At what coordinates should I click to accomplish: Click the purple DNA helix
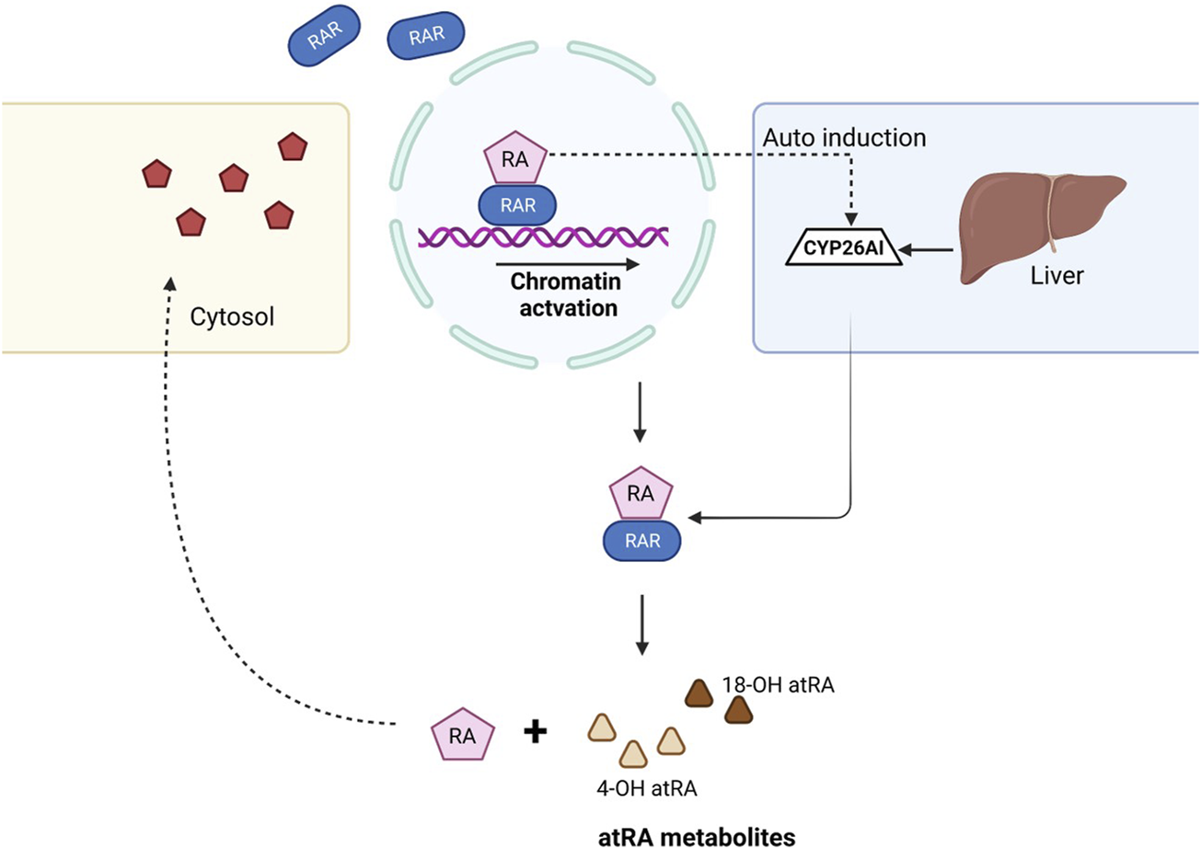click(x=543, y=236)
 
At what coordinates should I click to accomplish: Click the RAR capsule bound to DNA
click(x=514, y=205)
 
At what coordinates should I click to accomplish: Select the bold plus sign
click(x=535, y=732)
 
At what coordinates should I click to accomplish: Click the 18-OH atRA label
click(x=796, y=686)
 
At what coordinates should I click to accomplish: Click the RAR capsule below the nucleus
click(x=642, y=541)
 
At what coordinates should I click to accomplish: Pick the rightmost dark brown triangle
click(x=737, y=709)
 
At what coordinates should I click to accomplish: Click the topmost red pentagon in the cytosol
click(x=292, y=146)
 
